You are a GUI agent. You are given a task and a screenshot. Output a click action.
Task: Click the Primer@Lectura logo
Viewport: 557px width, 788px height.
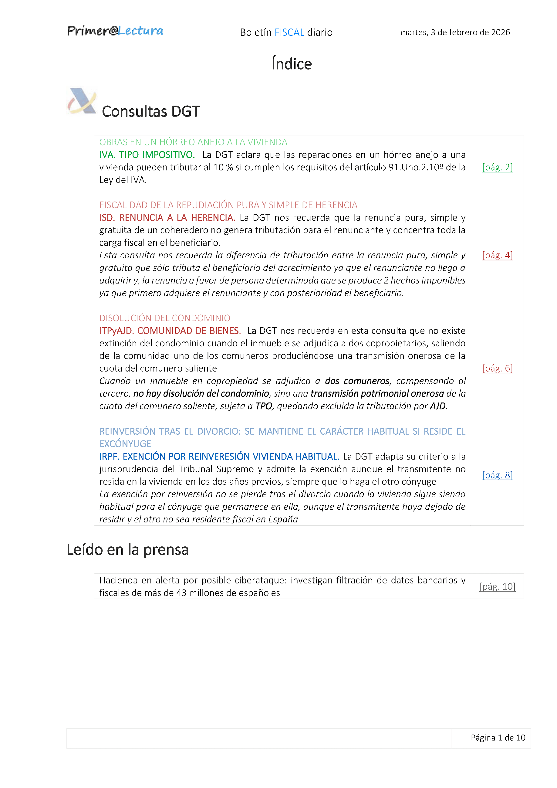[x=115, y=31]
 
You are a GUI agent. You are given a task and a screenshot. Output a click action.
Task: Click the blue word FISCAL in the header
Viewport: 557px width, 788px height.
[x=289, y=32]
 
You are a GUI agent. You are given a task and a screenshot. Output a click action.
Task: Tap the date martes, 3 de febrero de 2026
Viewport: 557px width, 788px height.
[x=455, y=32]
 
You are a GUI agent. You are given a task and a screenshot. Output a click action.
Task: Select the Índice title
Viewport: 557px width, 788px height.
[x=292, y=64]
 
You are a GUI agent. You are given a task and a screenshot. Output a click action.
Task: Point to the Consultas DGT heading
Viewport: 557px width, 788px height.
[x=150, y=111]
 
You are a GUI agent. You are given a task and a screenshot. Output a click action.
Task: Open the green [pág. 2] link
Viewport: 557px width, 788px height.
[x=497, y=167]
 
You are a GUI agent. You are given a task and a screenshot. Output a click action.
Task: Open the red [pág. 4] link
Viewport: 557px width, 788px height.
[x=497, y=255]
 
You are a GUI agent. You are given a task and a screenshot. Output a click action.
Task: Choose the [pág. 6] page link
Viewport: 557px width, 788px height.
[x=497, y=368]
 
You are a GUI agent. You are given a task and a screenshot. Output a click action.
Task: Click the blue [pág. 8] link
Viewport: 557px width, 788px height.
[x=497, y=475]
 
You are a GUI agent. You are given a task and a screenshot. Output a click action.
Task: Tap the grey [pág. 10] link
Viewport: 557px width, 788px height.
[x=497, y=586]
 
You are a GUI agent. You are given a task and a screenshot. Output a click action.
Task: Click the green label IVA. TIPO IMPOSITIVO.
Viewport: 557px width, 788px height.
[x=147, y=155]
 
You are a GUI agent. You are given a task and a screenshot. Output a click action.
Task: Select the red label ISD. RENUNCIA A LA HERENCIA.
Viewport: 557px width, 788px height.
[x=167, y=218]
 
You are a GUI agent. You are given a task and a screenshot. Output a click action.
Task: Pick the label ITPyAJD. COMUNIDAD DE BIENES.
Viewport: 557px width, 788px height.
[x=170, y=331]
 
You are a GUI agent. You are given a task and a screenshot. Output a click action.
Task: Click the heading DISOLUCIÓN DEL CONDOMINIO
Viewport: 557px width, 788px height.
[x=165, y=318]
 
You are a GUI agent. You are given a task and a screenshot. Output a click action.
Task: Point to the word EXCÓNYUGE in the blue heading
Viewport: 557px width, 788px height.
[x=125, y=444]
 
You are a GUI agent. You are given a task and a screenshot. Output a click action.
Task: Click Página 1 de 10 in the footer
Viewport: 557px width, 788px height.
[x=498, y=738]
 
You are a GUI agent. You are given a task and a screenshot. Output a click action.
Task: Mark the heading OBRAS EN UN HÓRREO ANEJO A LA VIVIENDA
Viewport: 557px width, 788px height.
[x=193, y=142]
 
